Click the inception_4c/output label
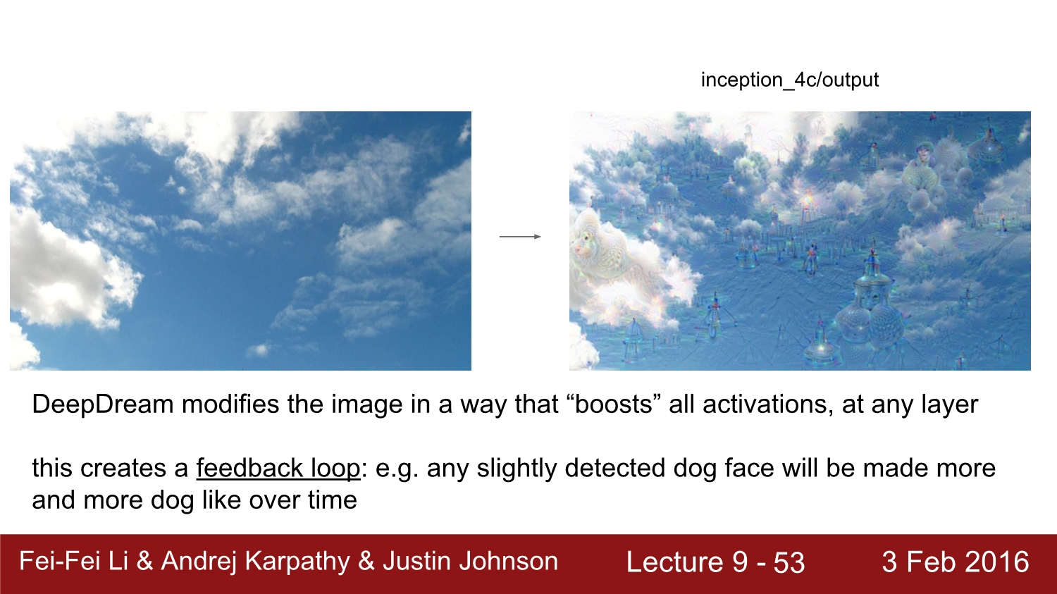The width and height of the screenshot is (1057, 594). [x=789, y=80]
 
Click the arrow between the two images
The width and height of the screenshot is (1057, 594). [x=520, y=236]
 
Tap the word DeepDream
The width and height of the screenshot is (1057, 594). [x=103, y=405]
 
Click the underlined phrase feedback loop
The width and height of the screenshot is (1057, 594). [x=278, y=469]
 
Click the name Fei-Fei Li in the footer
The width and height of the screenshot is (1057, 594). [x=73, y=561]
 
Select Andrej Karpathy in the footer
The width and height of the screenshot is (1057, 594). [x=255, y=562]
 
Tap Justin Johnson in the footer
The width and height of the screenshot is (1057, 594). [x=471, y=562]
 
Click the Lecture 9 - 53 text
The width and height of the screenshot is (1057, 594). [x=715, y=562]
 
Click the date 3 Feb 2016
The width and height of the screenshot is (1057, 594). [x=956, y=562]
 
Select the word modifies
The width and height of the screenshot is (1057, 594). [x=230, y=404]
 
